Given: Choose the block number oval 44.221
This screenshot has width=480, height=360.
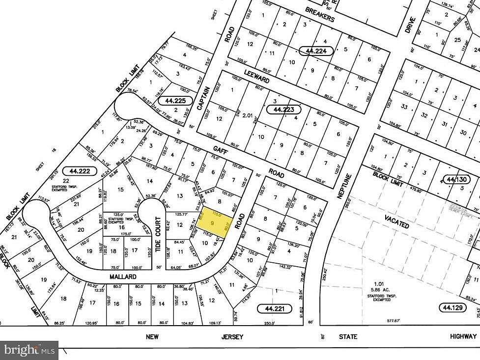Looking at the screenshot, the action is coord(275,308).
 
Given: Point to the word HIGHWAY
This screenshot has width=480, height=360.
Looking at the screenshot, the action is coord(463,336).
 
